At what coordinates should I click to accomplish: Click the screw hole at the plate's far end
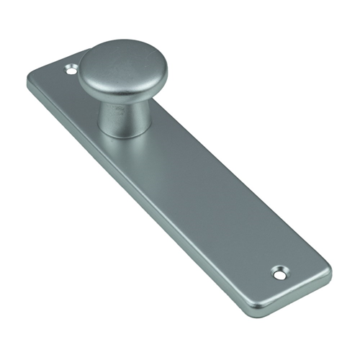point(279,272)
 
